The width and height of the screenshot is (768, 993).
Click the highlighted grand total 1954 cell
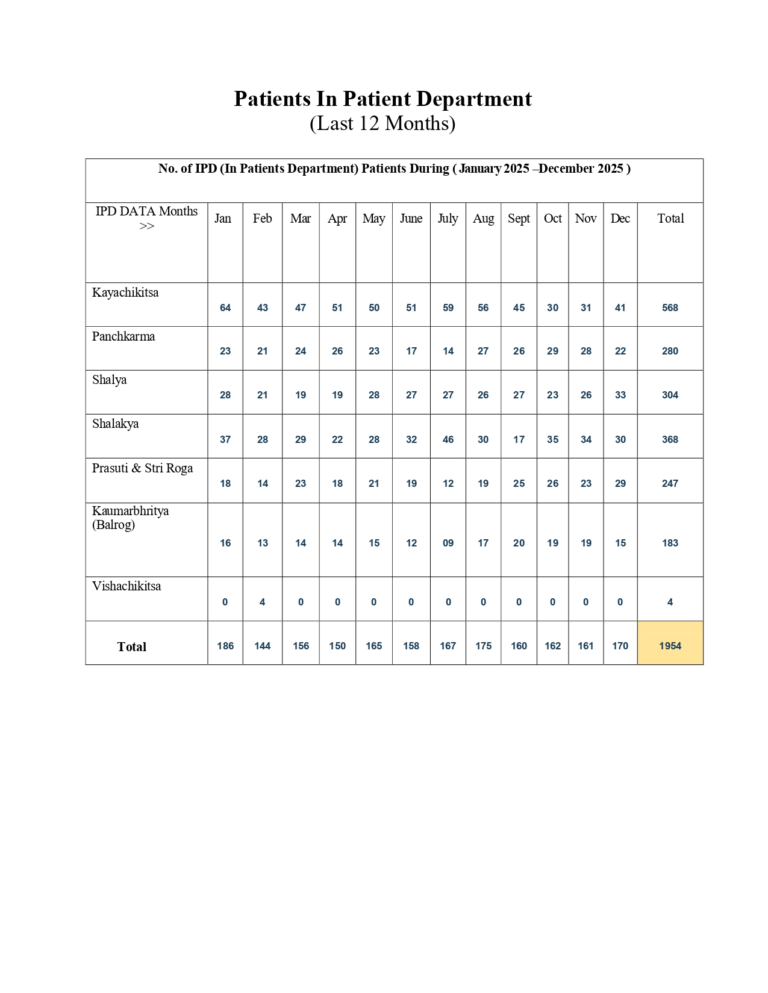(670, 646)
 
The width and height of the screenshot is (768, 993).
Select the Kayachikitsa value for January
(225, 308)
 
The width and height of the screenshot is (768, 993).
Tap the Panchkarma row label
(123, 336)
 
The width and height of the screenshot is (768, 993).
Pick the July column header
(448, 218)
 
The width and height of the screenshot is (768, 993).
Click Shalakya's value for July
(448, 439)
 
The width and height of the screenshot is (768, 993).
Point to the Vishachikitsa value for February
(263, 602)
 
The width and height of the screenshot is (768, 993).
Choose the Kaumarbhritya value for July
(448, 543)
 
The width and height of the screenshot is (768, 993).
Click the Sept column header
(519, 218)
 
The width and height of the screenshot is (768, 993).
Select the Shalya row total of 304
(670, 395)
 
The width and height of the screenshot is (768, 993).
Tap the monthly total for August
(483, 646)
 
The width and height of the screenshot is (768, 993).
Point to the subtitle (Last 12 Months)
(382, 123)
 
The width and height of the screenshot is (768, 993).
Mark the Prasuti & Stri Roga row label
(143, 468)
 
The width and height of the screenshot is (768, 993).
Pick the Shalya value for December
(620, 395)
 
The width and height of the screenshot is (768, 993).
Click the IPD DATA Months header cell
(146, 218)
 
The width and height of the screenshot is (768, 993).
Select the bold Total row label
(132, 647)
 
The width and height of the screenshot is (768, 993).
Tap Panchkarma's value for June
(411, 351)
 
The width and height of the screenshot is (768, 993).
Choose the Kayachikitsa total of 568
(670, 308)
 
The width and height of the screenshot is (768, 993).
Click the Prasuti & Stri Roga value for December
(620, 483)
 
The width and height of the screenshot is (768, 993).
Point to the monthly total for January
(225, 646)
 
